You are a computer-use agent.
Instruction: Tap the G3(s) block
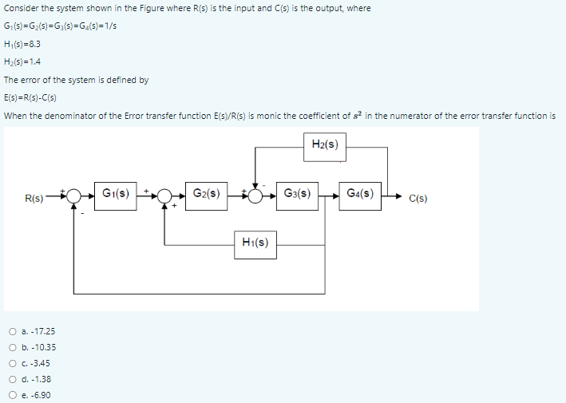(297, 192)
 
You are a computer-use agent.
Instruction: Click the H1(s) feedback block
(255, 243)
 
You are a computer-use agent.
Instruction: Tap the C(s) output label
(416, 197)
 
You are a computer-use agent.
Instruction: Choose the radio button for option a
(14, 331)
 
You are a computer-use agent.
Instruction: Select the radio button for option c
(14, 363)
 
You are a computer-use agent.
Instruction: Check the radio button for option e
(14, 395)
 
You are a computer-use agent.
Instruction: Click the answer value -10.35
(43, 347)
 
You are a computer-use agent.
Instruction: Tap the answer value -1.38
(42, 379)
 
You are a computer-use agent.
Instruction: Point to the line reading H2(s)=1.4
(22, 61)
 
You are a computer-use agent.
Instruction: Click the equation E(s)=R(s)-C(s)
(35, 98)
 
